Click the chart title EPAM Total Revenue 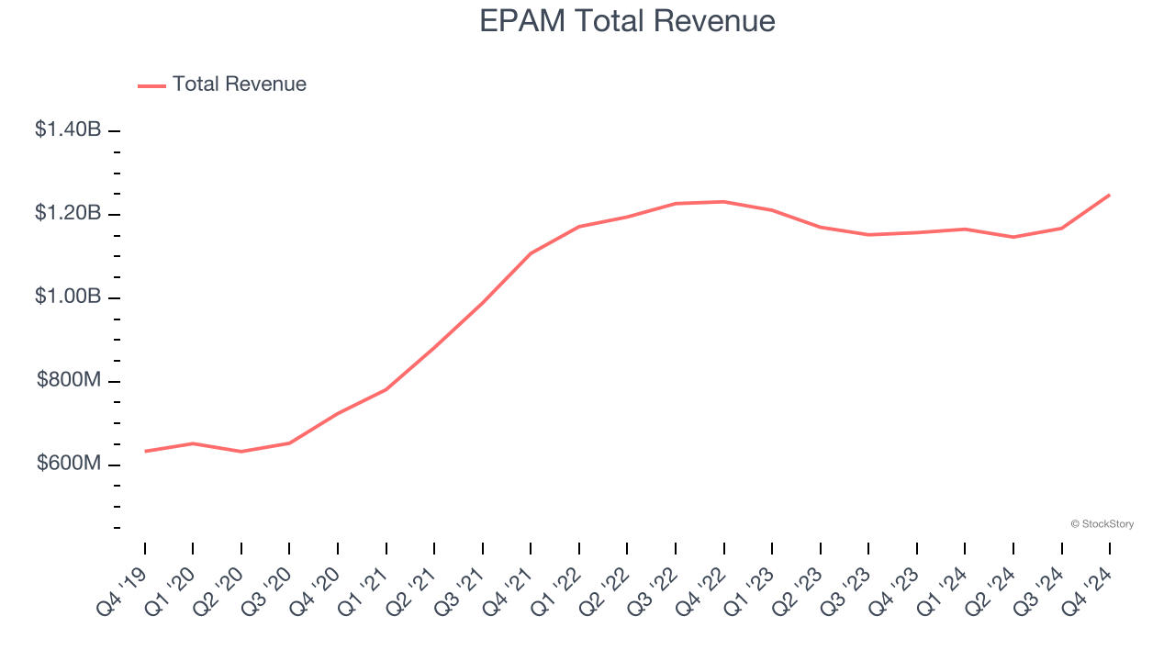click(x=627, y=21)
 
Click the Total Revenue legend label click(x=239, y=84)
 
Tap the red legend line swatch click(x=151, y=85)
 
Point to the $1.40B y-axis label click(x=68, y=129)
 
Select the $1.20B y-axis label click(x=68, y=213)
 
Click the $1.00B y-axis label click(x=68, y=297)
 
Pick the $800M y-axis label click(x=69, y=380)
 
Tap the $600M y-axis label click(x=69, y=464)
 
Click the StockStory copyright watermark click(x=1102, y=524)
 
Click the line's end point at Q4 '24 click(x=1110, y=195)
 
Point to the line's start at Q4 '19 click(x=145, y=451)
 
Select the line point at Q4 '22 click(x=723, y=201)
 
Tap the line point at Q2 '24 click(x=1013, y=237)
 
